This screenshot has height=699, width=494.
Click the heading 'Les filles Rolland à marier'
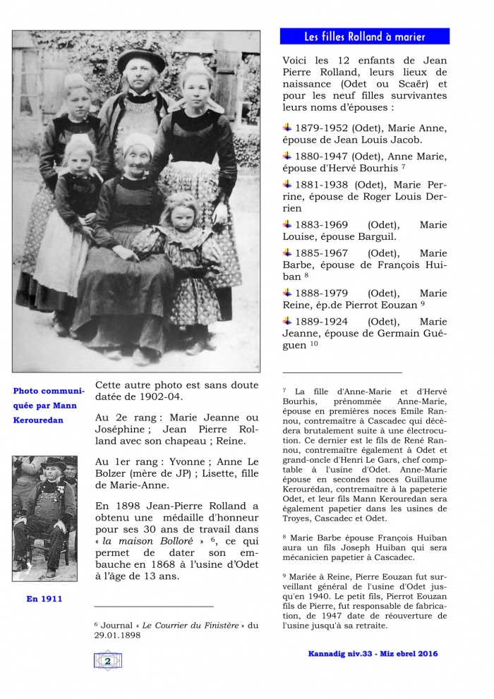[x=365, y=37]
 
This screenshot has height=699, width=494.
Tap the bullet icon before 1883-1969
[x=287, y=224]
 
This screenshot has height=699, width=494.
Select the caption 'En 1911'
[x=44, y=599]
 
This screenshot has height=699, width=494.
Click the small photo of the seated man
[x=44, y=518]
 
